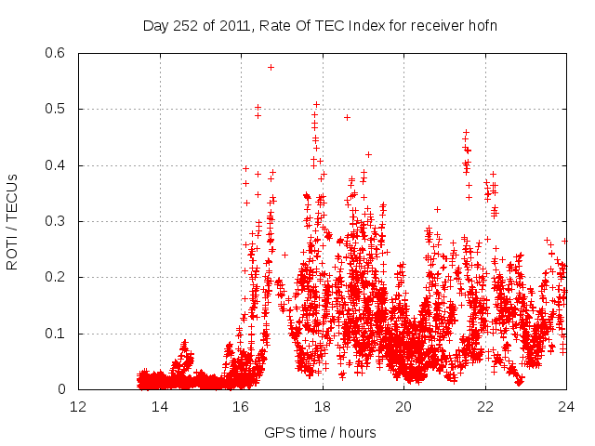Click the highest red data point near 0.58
[x=271, y=67]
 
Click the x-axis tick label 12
[x=78, y=407]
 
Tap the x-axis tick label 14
[x=160, y=407]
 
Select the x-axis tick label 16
[x=241, y=407]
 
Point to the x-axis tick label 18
[x=323, y=407]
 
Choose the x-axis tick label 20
[x=403, y=407]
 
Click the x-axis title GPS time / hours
[x=322, y=432]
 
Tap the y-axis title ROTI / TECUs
[x=12, y=221]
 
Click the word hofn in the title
[x=483, y=25]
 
